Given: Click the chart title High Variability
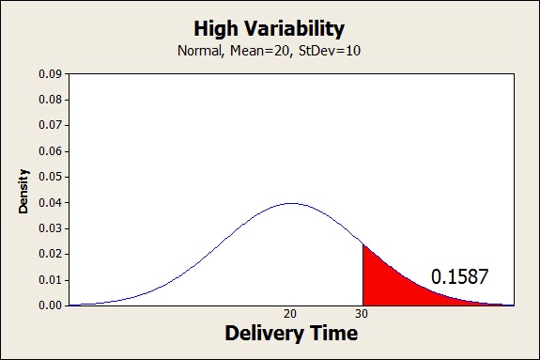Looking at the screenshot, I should [x=270, y=28].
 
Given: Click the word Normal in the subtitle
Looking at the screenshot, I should [x=199, y=49].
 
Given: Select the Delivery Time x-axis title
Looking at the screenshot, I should [x=290, y=334].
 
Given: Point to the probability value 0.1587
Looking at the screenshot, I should [x=460, y=276].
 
